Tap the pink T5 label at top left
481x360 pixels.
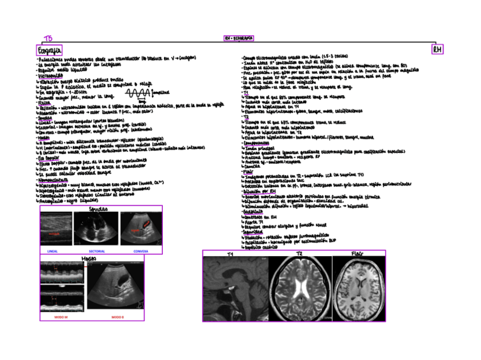point(48,39)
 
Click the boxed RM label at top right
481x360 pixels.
point(437,50)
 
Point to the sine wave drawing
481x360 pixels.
point(138,92)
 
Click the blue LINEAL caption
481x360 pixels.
point(52,251)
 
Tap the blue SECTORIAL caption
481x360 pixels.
point(96,251)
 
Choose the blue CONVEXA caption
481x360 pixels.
point(141,251)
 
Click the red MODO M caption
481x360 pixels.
point(61,316)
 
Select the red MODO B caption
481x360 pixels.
point(117,316)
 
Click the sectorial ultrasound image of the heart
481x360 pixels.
point(96,230)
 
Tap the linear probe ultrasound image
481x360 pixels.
point(56,230)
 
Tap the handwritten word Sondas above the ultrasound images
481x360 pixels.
point(98,209)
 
